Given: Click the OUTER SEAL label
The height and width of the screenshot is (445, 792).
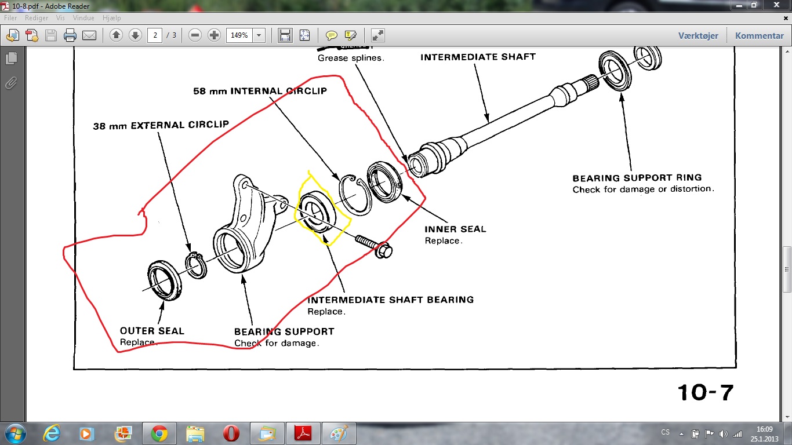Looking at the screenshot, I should [152, 331].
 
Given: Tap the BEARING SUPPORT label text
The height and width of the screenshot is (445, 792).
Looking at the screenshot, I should [284, 331].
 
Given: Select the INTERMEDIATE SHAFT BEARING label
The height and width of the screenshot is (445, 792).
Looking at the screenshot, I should [390, 300].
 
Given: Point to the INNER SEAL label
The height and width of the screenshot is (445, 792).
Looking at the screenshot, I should [455, 229].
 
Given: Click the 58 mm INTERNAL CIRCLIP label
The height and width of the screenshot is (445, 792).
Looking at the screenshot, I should [260, 91].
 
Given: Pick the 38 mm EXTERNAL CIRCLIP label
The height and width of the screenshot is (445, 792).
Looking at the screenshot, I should [161, 125].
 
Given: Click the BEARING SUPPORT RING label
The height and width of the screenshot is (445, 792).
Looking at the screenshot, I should [637, 178].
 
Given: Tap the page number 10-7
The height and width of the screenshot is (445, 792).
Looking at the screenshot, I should [706, 392].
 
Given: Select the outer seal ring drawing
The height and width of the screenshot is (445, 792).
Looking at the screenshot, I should [164, 280].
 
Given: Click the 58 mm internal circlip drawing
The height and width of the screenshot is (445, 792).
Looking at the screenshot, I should [355, 194].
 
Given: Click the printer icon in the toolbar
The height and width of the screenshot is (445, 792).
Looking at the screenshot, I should [70, 35].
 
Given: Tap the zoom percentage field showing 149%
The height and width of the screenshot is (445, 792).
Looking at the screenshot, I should [239, 35].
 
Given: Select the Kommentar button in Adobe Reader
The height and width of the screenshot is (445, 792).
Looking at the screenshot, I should [759, 35].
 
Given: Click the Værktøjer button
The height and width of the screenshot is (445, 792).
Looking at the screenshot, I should [698, 35].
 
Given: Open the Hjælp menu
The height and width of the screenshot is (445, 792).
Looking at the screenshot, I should [111, 18].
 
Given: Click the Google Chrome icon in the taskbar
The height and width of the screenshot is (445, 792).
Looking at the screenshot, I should [159, 433].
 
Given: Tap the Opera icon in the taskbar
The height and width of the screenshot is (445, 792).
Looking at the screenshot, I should [231, 433].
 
